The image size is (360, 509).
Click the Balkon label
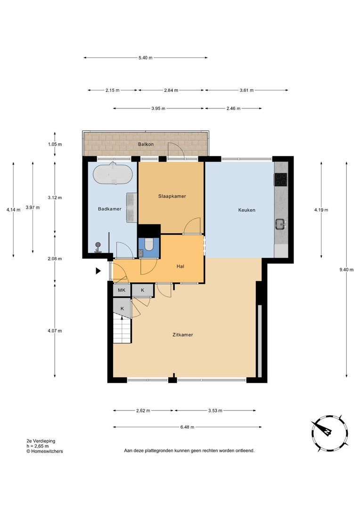(146, 144)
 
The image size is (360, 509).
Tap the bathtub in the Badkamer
(113, 173)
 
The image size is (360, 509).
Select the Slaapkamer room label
(172, 196)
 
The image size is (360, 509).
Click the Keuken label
(247, 210)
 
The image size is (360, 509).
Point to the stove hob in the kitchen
(281, 180)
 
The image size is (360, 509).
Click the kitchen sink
(280, 224)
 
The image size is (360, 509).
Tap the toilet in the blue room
(149, 245)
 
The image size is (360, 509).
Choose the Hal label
(180, 266)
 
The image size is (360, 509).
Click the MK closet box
(122, 290)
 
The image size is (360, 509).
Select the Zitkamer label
(183, 335)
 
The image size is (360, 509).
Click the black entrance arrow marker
(98, 271)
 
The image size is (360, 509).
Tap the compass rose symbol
(329, 433)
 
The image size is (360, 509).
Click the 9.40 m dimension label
(346, 270)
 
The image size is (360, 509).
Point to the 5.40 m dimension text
(146, 58)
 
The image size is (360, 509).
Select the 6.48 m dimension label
(188, 427)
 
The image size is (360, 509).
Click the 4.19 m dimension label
(321, 210)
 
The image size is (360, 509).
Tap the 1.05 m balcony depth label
(55, 144)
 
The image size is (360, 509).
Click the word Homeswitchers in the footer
(47, 451)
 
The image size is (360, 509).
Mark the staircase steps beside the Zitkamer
(122, 330)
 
